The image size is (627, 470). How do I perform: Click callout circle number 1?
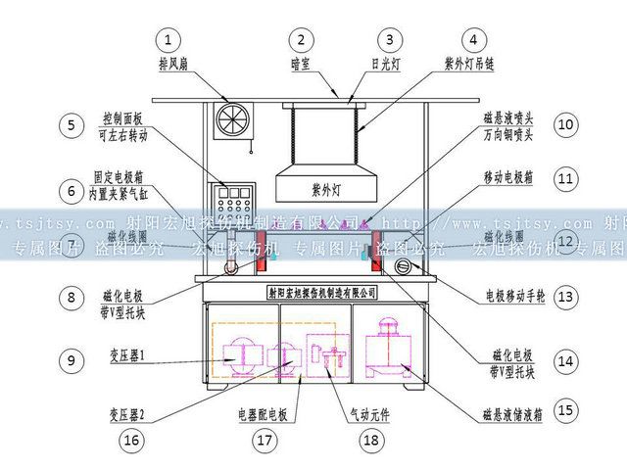172,40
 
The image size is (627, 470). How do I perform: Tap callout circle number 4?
473,40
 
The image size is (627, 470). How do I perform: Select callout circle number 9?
71,359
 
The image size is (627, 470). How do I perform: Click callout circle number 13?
564,296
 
